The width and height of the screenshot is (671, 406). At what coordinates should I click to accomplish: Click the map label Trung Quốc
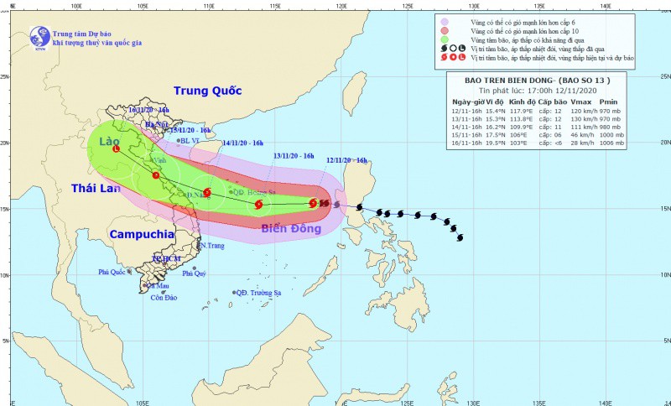(x=207, y=91)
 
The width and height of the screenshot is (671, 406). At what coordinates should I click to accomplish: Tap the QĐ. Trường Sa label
(x=257, y=292)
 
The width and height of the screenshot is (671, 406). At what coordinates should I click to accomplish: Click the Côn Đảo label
(x=164, y=298)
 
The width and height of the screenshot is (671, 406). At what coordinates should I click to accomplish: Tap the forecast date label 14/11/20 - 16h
(x=243, y=143)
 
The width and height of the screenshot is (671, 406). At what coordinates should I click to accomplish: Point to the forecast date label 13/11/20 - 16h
(x=294, y=156)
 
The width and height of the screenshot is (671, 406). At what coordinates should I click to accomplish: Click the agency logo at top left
(x=39, y=35)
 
